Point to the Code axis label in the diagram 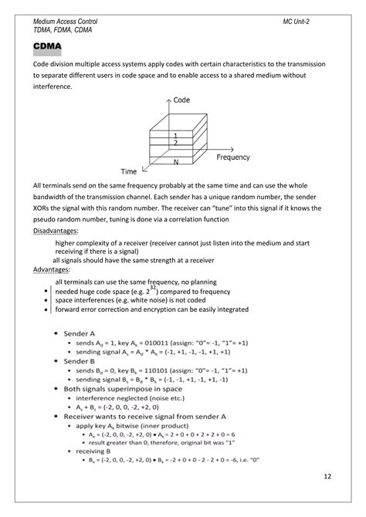[182, 101]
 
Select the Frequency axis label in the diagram [232, 157]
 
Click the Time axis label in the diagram [129, 171]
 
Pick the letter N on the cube [177, 161]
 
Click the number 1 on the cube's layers [175, 136]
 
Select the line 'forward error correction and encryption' [141, 309]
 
